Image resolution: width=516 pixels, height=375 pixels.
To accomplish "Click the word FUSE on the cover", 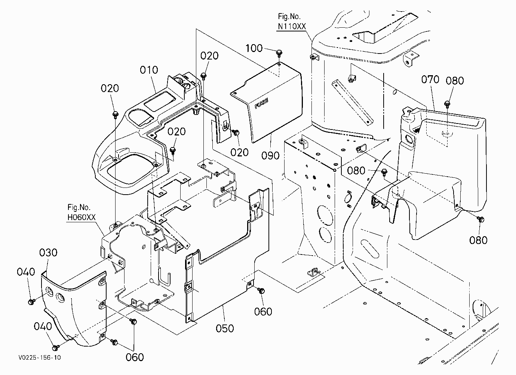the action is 261,103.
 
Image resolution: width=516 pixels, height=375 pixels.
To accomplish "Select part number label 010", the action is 149,70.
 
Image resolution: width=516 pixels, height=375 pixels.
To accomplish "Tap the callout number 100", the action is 254,48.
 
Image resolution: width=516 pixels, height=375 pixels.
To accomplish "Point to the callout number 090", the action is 270,156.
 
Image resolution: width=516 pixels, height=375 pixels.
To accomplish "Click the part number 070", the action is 430,80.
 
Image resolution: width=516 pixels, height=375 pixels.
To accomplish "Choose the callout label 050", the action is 225,328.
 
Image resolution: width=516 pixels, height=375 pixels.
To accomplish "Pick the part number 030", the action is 48,253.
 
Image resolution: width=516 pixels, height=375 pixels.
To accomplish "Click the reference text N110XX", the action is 292,27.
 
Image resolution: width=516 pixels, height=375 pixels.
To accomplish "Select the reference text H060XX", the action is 81,217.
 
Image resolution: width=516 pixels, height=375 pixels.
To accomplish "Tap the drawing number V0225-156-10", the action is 40,357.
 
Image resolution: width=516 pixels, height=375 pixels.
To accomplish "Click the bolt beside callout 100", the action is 279,53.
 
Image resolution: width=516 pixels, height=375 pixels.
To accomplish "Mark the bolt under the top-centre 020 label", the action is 204,76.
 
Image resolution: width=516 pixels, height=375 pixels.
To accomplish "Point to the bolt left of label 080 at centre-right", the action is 384,172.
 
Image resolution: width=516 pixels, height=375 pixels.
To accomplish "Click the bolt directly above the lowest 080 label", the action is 480,219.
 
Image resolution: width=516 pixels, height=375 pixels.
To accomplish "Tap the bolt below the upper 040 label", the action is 31,301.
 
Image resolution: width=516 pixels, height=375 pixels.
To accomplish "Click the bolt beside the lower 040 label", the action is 55,347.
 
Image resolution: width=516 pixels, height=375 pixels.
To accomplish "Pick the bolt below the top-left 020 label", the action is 116,115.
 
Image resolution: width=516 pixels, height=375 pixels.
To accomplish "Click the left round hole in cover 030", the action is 49,292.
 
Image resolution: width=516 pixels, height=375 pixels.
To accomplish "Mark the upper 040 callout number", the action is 26,272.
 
